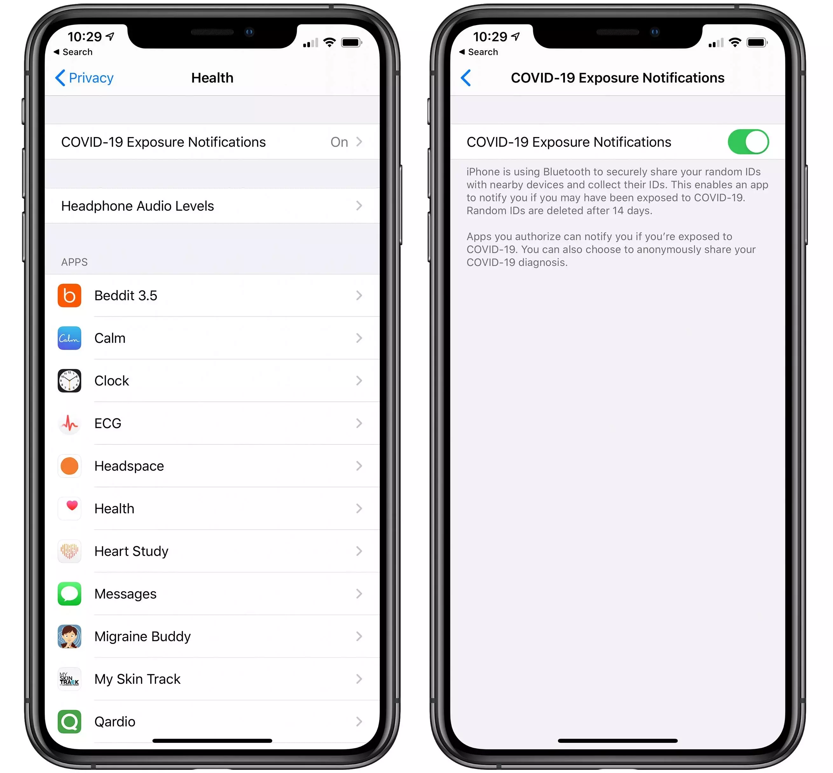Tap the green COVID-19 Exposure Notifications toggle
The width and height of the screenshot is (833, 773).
click(748, 142)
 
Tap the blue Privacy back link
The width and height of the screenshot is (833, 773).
click(84, 78)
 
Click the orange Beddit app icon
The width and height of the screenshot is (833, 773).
click(69, 295)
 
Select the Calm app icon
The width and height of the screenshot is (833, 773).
click(69, 338)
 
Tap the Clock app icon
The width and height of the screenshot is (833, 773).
click(69, 381)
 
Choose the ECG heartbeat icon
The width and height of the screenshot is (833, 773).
click(69, 423)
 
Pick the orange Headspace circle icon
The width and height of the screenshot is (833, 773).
click(69, 466)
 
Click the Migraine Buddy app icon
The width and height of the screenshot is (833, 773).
click(69, 637)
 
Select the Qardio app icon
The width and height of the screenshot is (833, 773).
click(69, 722)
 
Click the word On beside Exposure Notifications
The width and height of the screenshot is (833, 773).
click(339, 142)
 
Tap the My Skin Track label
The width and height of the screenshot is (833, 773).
click(137, 679)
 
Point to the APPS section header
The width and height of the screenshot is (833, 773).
click(74, 262)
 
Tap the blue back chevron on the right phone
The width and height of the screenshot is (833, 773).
click(466, 78)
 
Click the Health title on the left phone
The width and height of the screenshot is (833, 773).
click(212, 78)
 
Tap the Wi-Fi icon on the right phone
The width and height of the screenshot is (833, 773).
click(735, 42)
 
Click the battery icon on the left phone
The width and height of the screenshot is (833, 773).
click(351, 42)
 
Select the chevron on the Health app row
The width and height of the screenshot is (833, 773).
click(359, 509)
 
